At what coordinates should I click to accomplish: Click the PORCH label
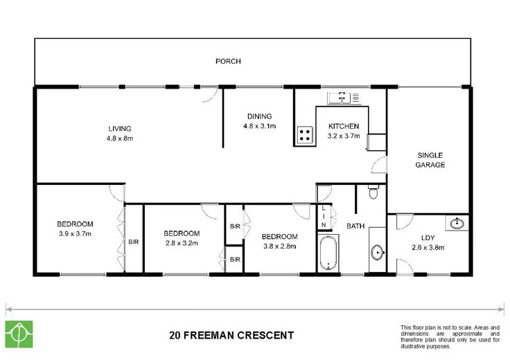pyautogui.click(x=227, y=62)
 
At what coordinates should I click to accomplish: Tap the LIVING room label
pyautogui.click(x=119, y=129)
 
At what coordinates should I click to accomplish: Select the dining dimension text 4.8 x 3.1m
pyautogui.click(x=259, y=126)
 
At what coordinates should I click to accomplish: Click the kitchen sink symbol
pyautogui.click(x=345, y=98)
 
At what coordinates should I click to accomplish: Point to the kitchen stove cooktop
pyautogui.click(x=304, y=135)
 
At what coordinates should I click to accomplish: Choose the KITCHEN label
pyautogui.click(x=343, y=127)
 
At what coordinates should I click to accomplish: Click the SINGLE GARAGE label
pyautogui.click(x=430, y=160)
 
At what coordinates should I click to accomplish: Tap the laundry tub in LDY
pyautogui.click(x=457, y=223)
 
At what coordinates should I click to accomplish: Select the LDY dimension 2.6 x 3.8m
pyautogui.click(x=428, y=247)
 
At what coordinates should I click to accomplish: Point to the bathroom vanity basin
pyautogui.click(x=378, y=252)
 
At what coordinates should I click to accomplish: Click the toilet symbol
pyautogui.click(x=373, y=192)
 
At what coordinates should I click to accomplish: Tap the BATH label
pyautogui.click(x=355, y=226)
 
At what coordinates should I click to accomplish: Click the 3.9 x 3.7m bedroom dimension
pyautogui.click(x=74, y=234)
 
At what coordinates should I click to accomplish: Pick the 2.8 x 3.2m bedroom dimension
pyautogui.click(x=182, y=244)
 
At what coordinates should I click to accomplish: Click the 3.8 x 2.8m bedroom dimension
pyautogui.click(x=279, y=246)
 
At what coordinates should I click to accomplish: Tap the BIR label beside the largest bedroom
pyautogui.click(x=133, y=242)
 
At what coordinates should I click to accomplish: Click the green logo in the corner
pyautogui.click(x=19, y=335)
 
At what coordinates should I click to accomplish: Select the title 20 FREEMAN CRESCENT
pyautogui.click(x=231, y=336)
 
